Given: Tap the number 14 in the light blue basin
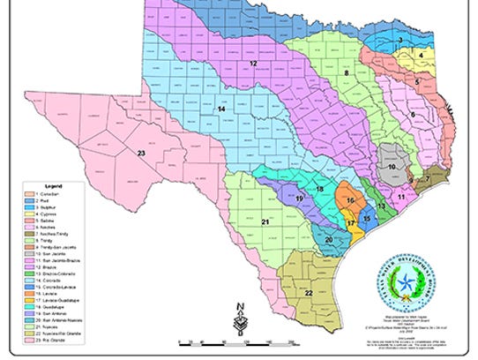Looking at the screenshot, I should pyautogui.click(x=222, y=109).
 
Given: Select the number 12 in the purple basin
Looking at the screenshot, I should pyautogui.click(x=252, y=64).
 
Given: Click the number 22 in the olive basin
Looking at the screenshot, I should pyautogui.click(x=310, y=292).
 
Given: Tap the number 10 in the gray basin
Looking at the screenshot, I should pyautogui.click(x=391, y=166).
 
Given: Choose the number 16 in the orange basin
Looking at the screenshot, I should pyautogui.click(x=350, y=201).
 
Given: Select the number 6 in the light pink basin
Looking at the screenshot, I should pyautogui.click(x=413, y=114).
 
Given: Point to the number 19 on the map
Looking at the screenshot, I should pyautogui.click(x=300, y=199).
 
